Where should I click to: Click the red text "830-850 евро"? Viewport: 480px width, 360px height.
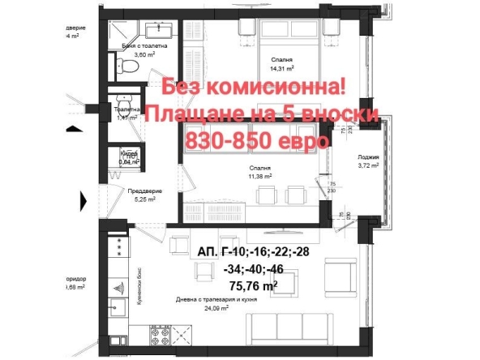point(257,140)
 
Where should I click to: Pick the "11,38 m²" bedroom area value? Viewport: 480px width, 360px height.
point(259,175)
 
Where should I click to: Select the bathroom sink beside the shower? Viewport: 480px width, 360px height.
point(156,29)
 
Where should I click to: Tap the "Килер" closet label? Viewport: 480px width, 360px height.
point(128,153)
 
